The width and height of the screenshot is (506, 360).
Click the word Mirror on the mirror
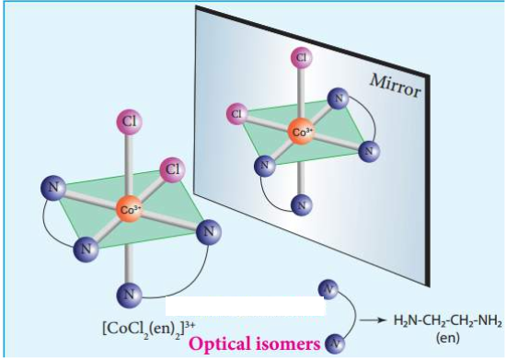396,86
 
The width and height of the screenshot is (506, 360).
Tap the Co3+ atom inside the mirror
302,132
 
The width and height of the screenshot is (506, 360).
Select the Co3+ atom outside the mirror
129,210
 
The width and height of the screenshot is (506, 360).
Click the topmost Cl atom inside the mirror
301,57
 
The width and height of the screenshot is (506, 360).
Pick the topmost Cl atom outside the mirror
129,122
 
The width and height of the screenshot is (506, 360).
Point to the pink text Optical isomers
255,343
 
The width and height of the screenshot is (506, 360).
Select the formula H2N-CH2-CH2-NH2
448,321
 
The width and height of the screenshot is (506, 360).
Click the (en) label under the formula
448,338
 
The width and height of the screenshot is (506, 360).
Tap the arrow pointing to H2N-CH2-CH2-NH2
373,320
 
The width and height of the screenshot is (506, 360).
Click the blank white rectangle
246,306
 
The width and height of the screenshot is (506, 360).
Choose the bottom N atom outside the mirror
129,295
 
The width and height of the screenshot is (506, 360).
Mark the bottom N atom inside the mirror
302,205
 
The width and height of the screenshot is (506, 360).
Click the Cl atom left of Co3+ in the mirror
237,113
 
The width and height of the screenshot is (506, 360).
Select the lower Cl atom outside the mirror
173,169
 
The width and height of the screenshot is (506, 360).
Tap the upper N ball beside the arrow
328,289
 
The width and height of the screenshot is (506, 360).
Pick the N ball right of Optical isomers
334,344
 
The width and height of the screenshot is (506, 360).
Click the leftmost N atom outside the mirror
53,188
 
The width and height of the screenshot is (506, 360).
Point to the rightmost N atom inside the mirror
369,151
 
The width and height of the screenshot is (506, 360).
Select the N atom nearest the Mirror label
339,99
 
